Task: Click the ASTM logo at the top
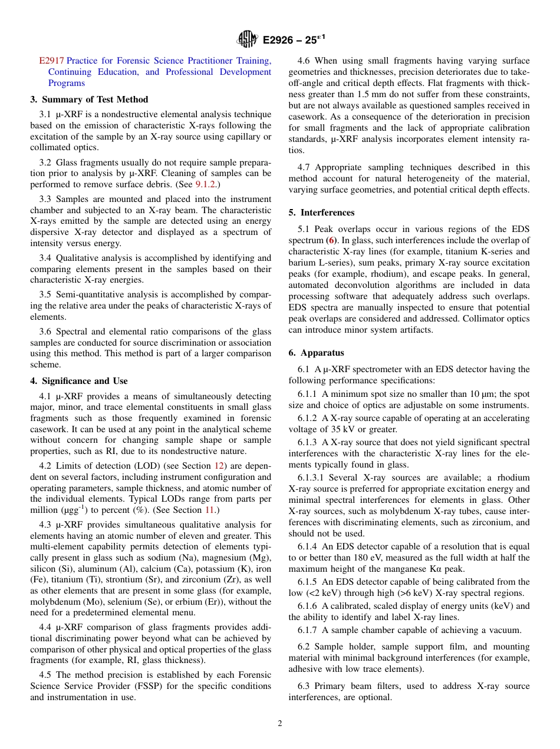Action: click(x=247, y=39)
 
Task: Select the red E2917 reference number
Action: click(x=51, y=61)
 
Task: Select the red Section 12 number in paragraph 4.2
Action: click(x=219, y=466)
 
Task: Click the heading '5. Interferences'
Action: click(x=321, y=213)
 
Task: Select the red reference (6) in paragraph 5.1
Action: click(x=333, y=240)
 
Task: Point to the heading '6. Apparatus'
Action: click(x=316, y=353)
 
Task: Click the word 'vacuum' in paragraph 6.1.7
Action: click(x=506, y=631)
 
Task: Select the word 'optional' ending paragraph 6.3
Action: click(x=373, y=697)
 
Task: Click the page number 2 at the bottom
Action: click(x=280, y=724)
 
